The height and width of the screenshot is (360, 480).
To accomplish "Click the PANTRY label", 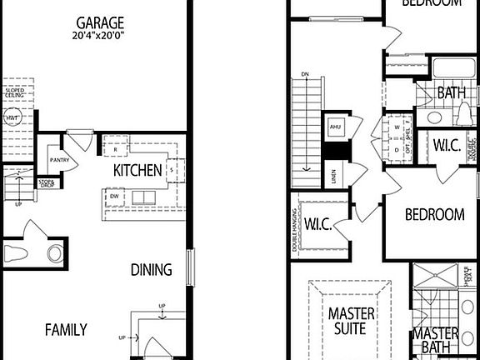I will pos(58,160).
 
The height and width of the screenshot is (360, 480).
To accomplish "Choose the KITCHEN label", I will pos(137,171).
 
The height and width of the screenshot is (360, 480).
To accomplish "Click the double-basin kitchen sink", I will pos(138,197).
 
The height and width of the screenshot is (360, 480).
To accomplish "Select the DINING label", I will pos(152,270).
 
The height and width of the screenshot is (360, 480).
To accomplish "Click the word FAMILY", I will pos(66,330).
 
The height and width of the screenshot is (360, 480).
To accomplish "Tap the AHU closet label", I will pos(336,127).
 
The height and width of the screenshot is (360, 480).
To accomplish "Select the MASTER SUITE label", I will pos(351,322).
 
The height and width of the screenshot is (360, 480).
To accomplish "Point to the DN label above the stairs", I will pos(306,75).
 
